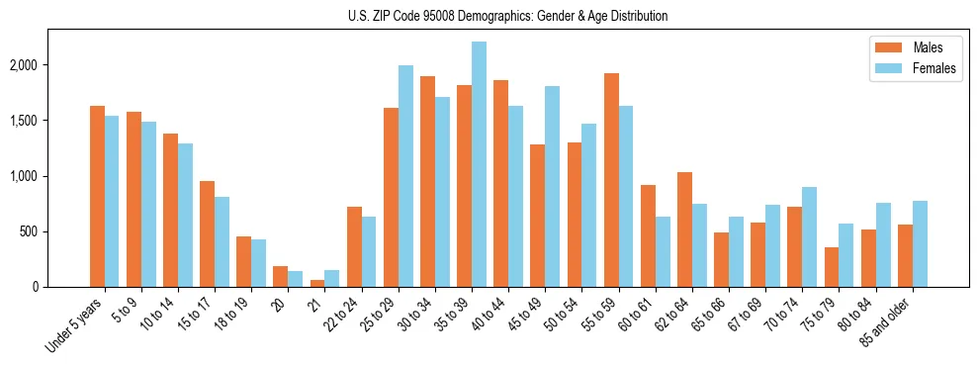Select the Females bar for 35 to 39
pyautogui.click(x=479, y=164)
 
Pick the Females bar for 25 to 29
pyautogui.click(x=405, y=176)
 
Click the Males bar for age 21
pyautogui.click(x=317, y=283)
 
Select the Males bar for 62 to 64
pyautogui.click(x=685, y=229)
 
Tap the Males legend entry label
pyautogui.click(x=928, y=47)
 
